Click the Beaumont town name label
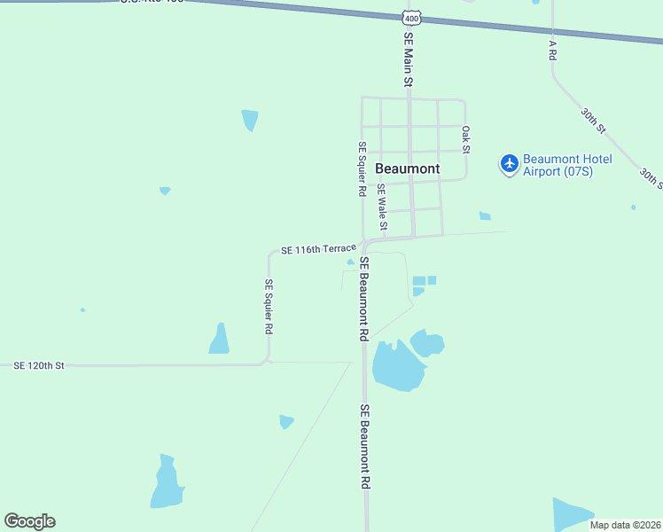pos(408,168)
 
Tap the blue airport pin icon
pos(509,164)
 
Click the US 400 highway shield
pos(410,18)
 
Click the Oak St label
pos(465,140)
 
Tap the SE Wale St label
pos(382,207)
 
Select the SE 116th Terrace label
pos(318,250)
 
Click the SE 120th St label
pos(39,364)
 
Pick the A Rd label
pos(551,49)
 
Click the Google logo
pos(29,521)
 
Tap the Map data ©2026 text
pos(625,525)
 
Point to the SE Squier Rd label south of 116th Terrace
pos(269,306)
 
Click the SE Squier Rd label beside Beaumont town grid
pos(362,168)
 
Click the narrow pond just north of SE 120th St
pos(219,340)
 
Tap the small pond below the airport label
pos(485,215)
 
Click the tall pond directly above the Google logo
pos(166,483)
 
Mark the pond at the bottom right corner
pos(570,513)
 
